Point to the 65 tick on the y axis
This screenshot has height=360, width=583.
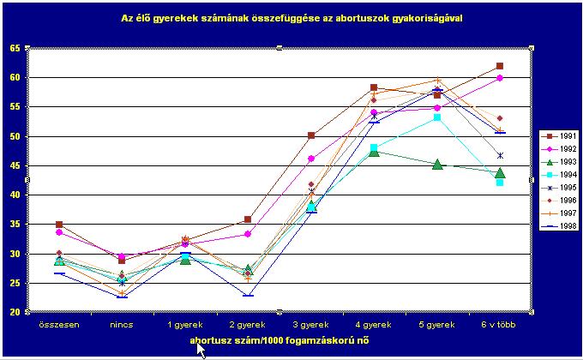(x=15, y=48)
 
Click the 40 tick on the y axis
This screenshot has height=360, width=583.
(x=15, y=195)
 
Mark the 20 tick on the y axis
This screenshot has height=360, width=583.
(x=15, y=312)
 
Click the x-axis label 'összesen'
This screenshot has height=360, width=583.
(x=58, y=326)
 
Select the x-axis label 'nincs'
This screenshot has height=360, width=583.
(x=122, y=326)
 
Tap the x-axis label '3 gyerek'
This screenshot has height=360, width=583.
(x=310, y=326)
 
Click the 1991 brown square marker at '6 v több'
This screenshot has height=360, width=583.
(x=500, y=66)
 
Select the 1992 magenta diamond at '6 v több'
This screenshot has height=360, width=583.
(x=500, y=78)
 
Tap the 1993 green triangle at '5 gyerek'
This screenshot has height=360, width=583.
(x=437, y=164)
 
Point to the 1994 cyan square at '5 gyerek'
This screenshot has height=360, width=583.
(x=437, y=117)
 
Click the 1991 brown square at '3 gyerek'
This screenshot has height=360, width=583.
(x=311, y=135)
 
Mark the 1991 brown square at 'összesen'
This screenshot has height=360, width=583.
(x=58, y=225)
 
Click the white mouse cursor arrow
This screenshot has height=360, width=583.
(x=201, y=349)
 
